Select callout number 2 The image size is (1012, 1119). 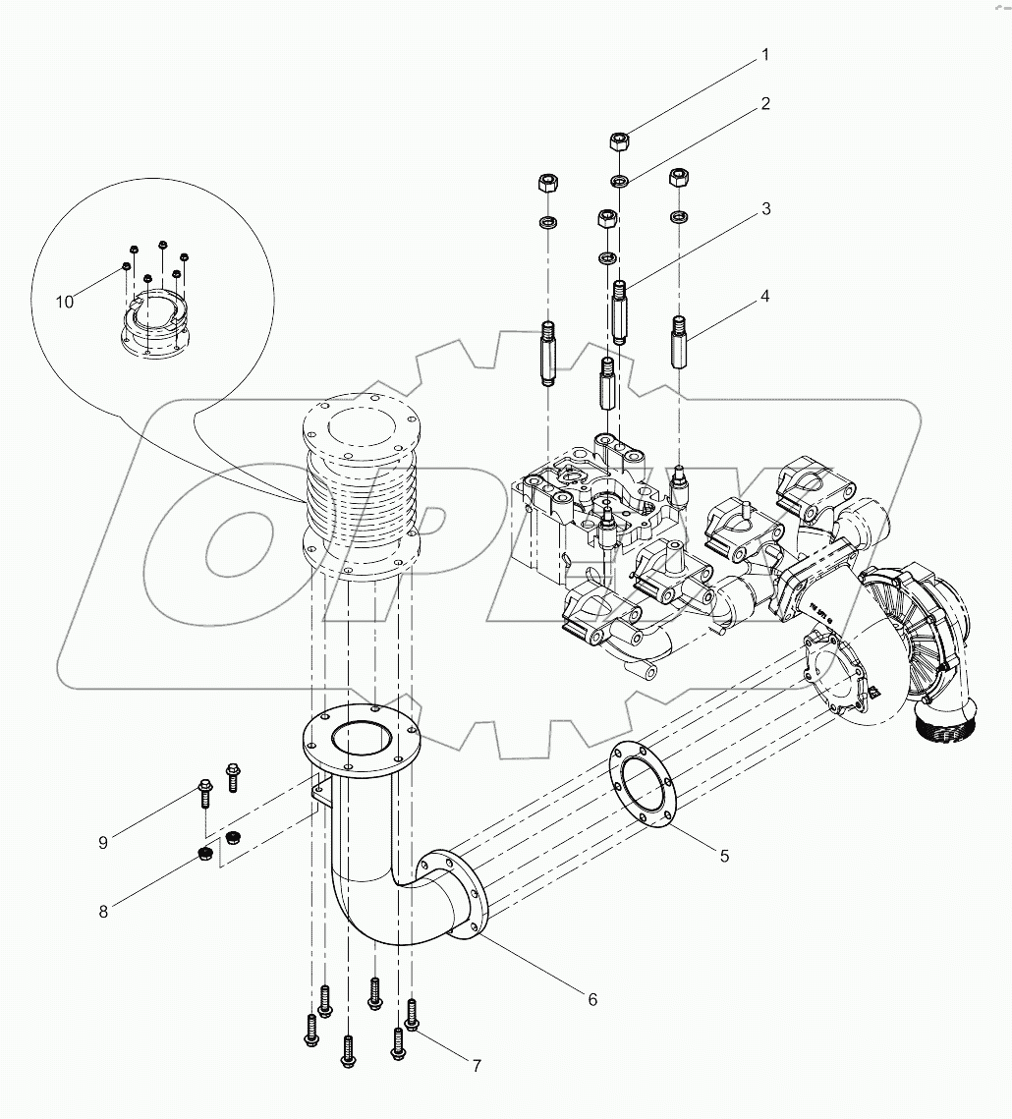(x=764, y=103)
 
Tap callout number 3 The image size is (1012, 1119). (x=764, y=209)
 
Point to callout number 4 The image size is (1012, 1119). (x=764, y=295)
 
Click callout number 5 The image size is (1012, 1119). (x=724, y=856)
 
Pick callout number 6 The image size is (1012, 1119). (x=592, y=999)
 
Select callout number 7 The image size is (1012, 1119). (x=476, y=1066)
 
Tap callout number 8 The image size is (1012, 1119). (x=103, y=911)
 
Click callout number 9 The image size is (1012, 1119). (x=103, y=842)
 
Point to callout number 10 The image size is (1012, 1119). (x=65, y=302)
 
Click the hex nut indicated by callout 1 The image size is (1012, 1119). (x=621, y=140)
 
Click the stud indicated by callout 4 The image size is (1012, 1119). (x=680, y=340)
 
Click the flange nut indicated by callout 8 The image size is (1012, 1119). (x=207, y=851)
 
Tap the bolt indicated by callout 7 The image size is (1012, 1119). (x=412, y=1015)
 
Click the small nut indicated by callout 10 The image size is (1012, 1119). (x=127, y=266)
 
